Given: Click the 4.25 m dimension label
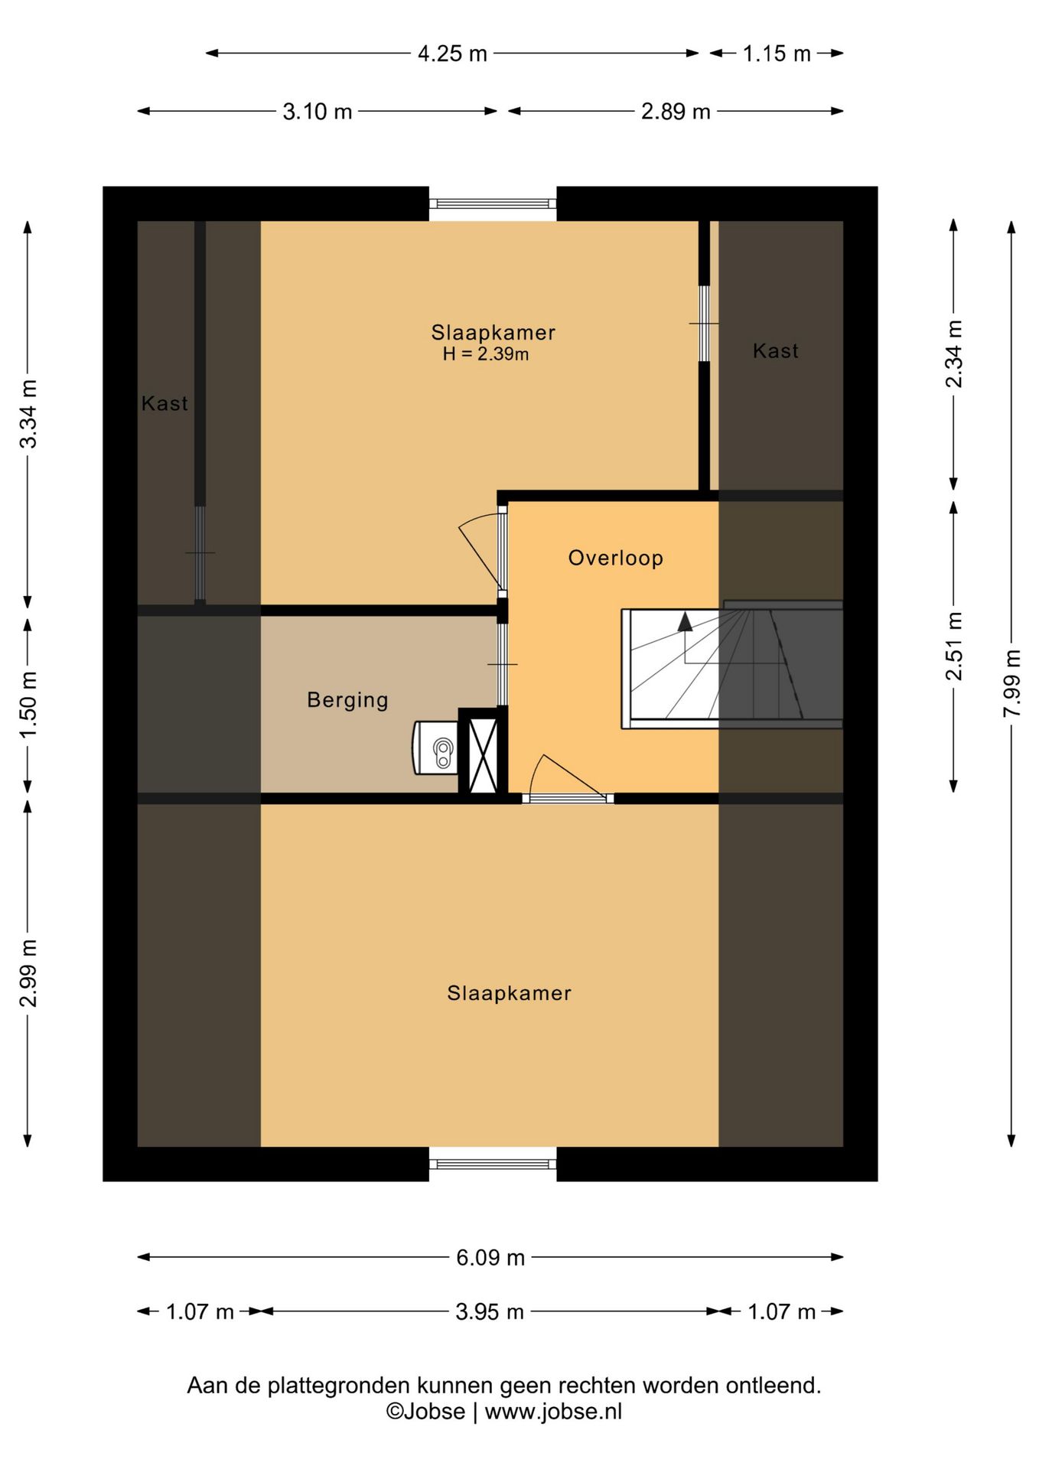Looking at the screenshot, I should [x=452, y=54].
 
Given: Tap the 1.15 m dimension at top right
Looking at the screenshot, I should [x=776, y=54].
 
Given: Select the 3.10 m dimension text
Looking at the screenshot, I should [x=317, y=112].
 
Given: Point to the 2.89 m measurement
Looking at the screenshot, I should [x=676, y=112].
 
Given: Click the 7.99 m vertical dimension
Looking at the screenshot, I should [x=1011, y=682].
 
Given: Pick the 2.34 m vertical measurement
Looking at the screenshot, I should [x=953, y=353].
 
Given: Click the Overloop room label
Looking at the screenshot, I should [x=615, y=558].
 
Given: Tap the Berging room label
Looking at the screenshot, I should [x=347, y=700].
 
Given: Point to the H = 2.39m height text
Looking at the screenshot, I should [x=485, y=354].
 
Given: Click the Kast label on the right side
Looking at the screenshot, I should [x=775, y=351].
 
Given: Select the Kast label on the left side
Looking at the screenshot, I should [x=164, y=403].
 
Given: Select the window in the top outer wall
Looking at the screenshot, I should [x=492, y=204].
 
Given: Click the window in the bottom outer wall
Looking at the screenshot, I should [x=492, y=1164].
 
